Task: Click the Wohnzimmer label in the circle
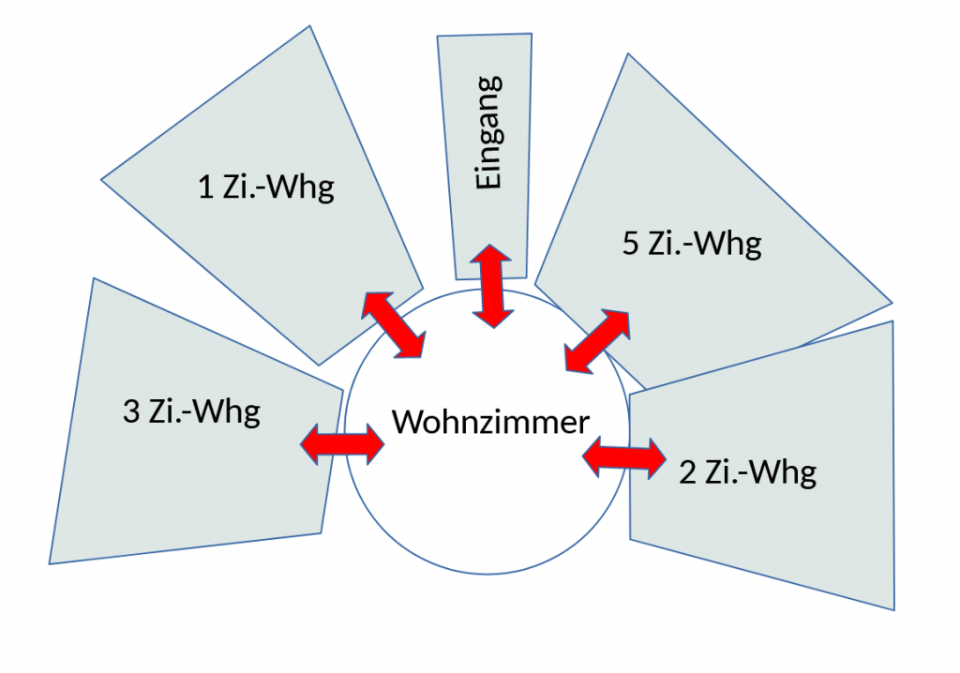[490, 423]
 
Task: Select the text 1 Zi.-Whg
[267, 188]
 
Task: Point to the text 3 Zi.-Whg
[191, 412]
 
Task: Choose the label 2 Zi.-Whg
[747, 472]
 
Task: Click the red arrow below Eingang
[491, 286]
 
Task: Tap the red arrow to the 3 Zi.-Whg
[342, 441]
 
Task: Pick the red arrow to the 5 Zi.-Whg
[597, 340]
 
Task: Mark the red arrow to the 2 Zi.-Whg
[624, 457]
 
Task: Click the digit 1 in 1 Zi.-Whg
[206, 188]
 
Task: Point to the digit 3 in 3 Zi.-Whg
[131, 412]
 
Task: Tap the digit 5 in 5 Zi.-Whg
[631, 245]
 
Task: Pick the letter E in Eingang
[489, 179]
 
